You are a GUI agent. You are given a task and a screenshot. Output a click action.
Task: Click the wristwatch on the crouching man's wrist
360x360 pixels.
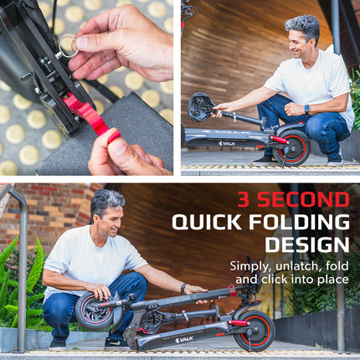pos(307,109)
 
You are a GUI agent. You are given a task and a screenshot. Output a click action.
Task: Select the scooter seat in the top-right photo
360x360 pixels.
pos(200,107)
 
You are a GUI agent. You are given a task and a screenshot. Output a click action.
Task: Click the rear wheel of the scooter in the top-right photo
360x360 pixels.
pos(291,147)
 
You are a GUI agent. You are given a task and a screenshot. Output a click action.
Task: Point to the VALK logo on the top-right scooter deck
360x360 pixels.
pos(227,144)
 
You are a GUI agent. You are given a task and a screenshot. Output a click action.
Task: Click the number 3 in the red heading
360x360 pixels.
pos(244,199)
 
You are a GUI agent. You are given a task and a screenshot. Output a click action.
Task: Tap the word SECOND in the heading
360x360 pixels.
pos(303,199)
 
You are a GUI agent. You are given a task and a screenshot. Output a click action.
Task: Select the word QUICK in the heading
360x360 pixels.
pos(207,222)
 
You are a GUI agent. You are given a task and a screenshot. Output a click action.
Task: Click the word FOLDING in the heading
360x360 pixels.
pos(299,222)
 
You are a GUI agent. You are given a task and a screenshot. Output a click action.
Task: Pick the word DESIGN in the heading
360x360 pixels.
pos(307,244)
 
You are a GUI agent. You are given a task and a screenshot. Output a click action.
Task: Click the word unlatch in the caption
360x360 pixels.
pos(296,266)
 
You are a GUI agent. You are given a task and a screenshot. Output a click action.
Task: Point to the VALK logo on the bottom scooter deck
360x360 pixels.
pos(184,340)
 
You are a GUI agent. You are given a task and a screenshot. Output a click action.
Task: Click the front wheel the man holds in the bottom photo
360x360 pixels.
pos(95,311)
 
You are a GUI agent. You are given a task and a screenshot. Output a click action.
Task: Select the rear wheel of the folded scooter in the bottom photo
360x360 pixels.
pos(255,332)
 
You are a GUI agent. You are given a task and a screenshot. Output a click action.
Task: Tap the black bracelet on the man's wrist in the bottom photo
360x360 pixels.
pos(183,289)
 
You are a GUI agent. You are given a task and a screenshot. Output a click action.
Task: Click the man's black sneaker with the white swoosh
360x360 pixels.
pos(116,344)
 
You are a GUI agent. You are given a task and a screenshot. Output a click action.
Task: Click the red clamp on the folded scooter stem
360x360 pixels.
pos(232,290)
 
